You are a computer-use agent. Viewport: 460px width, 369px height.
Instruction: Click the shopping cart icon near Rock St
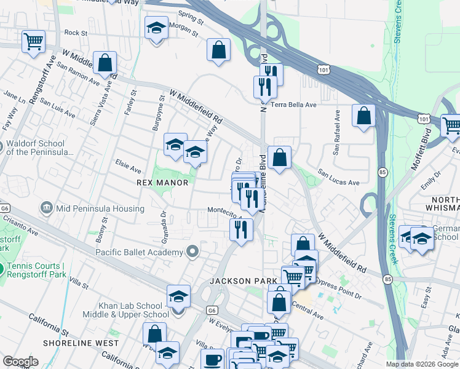pos(33,42)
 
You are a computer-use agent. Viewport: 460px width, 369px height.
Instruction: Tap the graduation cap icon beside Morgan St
pos(156,28)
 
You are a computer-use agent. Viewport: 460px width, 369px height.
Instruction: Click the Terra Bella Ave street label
pos(293,105)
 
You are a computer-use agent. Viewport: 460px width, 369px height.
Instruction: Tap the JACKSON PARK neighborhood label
pos(243,281)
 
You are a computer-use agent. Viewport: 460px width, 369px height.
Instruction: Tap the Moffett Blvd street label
pos(424,143)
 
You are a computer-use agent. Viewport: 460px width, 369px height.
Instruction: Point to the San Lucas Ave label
pos(338,183)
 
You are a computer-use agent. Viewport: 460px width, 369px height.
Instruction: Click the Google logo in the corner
pos(20,362)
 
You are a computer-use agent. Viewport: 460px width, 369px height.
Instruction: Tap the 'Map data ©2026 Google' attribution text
pos(422,364)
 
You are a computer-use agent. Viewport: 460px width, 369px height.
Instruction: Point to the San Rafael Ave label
pos(337,133)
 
